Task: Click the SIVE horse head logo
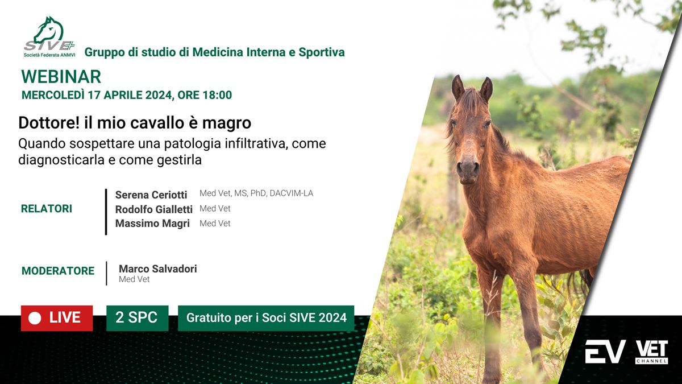[x=49, y=36]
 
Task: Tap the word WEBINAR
[x=61, y=76]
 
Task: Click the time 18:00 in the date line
[x=217, y=95]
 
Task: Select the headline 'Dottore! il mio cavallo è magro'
[x=135, y=123]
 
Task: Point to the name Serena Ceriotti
[x=151, y=195]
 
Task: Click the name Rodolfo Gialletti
[x=154, y=209]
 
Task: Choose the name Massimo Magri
[x=152, y=224]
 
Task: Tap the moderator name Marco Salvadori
[x=158, y=269]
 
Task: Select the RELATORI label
[x=47, y=209]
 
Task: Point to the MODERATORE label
[x=58, y=271]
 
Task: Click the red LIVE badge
[x=57, y=318]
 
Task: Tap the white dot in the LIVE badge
[x=35, y=319]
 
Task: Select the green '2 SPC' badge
[x=138, y=318]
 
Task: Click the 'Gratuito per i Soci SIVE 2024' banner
[x=266, y=318]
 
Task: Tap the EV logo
[x=605, y=352]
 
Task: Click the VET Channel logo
[x=651, y=352]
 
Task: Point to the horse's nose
[x=468, y=168]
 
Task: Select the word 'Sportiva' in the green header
[x=322, y=52]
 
